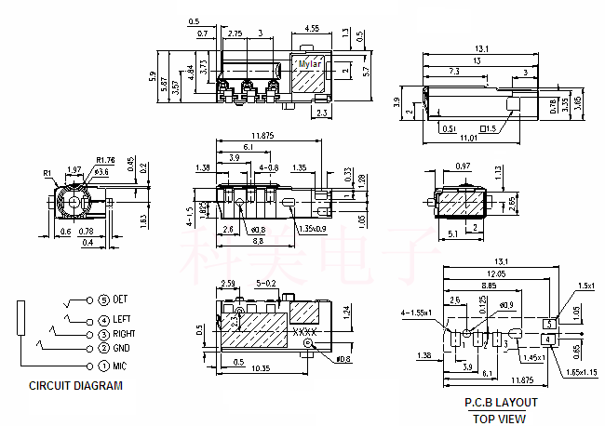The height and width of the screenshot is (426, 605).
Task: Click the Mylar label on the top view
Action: pyautogui.click(x=309, y=64)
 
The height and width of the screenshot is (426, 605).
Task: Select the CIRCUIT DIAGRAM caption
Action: pyautogui.click(x=75, y=385)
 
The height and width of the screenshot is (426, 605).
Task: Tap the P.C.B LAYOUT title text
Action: pyautogui.click(x=501, y=403)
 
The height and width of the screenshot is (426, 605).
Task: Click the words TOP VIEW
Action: pyautogui.click(x=501, y=419)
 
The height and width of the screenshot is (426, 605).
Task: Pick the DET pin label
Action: pyautogui.click(x=120, y=300)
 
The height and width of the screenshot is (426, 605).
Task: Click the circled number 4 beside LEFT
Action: pyautogui.click(x=103, y=321)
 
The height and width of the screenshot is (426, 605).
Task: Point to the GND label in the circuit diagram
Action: pyautogui.click(x=121, y=349)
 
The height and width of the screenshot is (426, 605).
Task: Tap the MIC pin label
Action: pyautogui.click(x=119, y=366)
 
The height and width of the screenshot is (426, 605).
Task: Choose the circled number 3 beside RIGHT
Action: pyautogui.click(x=103, y=334)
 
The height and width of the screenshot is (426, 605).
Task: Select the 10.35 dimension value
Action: pyautogui.click(x=260, y=369)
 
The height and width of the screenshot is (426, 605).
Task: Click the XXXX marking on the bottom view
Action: pyautogui.click(x=305, y=331)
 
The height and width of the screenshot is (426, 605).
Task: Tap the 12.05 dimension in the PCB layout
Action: pyautogui.click(x=496, y=274)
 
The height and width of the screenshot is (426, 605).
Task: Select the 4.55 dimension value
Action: pyautogui.click(x=312, y=28)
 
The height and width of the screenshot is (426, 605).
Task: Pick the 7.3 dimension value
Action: pyautogui.click(x=452, y=72)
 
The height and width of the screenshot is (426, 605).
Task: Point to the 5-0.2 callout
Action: pyautogui.click(x=266, y=282)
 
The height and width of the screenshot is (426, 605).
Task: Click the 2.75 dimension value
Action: pyautogui.click(x=235, y=33)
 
